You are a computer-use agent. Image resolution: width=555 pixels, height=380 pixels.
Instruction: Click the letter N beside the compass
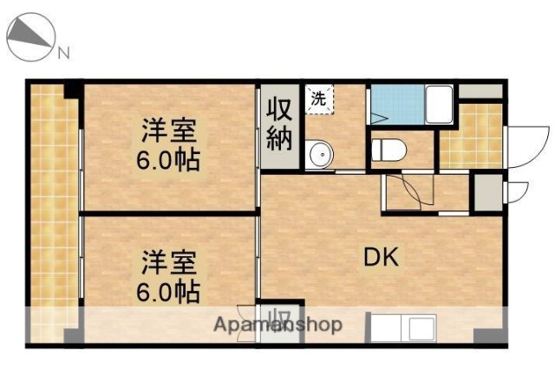(63, 54)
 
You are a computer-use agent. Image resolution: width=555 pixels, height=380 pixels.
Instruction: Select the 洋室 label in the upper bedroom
(170, 132)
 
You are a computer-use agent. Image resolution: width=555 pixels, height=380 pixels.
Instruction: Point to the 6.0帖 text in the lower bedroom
(170, 290)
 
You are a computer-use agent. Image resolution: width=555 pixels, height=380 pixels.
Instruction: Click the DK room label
(382, 256)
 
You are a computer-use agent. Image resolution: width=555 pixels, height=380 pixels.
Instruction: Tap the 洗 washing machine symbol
(319, 98)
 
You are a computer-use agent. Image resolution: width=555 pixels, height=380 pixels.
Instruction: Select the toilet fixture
(387, 151)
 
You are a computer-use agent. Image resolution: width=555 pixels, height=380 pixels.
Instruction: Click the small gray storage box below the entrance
(486, 192)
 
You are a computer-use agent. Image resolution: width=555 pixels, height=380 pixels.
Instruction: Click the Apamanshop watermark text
(277, 325)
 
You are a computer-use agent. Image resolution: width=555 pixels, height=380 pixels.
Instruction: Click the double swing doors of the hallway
(404, 190)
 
